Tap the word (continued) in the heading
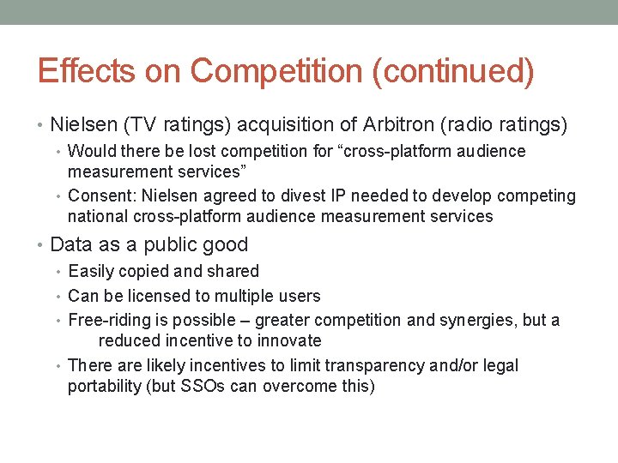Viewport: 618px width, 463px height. coord(453,71)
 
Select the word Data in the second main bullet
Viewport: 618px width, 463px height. coord(70,244)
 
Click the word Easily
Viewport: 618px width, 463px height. coord(91,272)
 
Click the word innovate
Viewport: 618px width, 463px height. coord(289,341)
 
